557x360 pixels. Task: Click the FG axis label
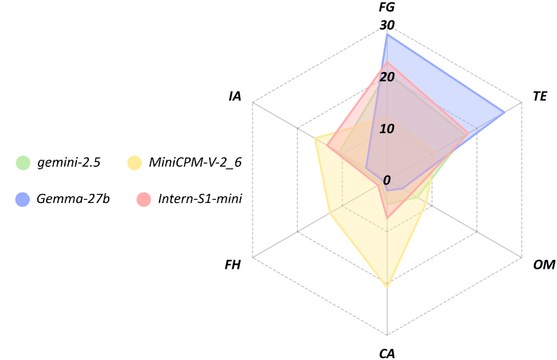coord(386,7)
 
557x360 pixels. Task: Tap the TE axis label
coord(540,96)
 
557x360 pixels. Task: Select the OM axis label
coord(544,265)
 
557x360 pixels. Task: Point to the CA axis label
coord(387,354)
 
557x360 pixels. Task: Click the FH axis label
coord(232,265)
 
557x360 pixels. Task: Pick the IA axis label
coord(235,96)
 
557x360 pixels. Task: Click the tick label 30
coord(387,25)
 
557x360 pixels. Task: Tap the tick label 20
coord(387,78)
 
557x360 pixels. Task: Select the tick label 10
coord(387,129)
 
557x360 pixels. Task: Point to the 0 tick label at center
coord(387,181)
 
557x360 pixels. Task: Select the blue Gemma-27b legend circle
coord(22,199)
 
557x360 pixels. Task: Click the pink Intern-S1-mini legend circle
coord(143,199)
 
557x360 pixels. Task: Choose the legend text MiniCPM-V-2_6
coord(195,163)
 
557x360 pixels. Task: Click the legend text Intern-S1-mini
coord(200,199)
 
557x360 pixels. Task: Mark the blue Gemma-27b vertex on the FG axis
coord(387,34)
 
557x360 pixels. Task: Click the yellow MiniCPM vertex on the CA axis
coord(387,287)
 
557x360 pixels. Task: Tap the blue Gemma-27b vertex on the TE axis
coord(504,112)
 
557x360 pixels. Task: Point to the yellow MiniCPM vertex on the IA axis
coord(315,138)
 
